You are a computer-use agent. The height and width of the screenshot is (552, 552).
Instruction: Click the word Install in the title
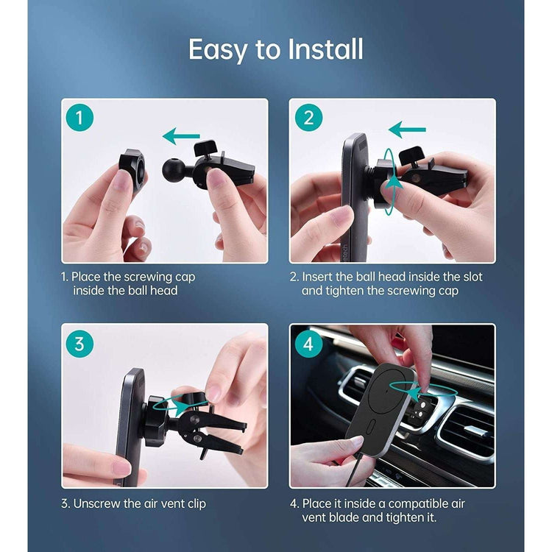[325, 49]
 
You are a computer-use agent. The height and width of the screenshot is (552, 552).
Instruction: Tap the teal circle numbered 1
[79, 118]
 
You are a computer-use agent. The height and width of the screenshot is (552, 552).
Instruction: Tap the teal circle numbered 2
[308, 118]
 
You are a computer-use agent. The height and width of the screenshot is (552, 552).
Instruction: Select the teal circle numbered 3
[79, 344]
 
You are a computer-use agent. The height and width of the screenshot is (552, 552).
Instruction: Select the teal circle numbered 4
[308, 344]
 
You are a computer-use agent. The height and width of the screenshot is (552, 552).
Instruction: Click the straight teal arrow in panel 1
[181, 136]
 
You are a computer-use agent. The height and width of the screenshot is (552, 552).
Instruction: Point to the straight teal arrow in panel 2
[407, 130]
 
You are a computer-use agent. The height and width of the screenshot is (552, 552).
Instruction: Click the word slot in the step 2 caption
[473, 277]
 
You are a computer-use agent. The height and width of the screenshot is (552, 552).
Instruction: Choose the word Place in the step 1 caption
[86, 277]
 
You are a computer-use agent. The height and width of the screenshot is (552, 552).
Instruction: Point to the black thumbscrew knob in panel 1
[205, 148]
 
